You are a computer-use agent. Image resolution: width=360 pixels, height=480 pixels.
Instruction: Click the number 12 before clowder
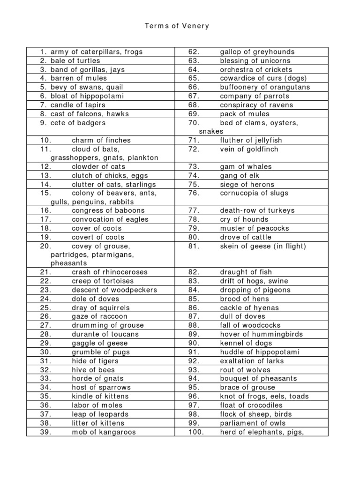tap(45, 166)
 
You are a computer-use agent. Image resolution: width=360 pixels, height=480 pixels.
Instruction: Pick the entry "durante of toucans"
tap(105, 334)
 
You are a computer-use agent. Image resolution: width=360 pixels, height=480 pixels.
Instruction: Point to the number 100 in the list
tap(196, 432)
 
